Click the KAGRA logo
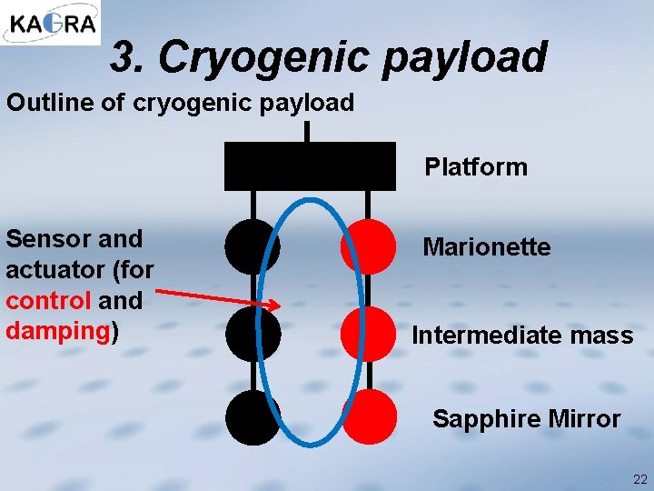coord(51,23)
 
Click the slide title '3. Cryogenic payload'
coord(329,57)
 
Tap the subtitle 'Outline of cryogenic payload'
coord(180,103)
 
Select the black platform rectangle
coord(310,165)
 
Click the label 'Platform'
coord(475,167)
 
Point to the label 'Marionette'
coord(487,247)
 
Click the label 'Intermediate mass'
coord(522,336)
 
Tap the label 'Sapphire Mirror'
coord(526,419)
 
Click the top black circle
coord(252,246)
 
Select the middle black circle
coord(252,334)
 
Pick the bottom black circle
coord(252,417)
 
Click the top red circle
coord(369,246)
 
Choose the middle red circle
coord(369,334)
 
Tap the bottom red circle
coord(369,417)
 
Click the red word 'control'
coord(47,301)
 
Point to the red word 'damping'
coord(57,331)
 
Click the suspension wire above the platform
coord(308,132)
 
